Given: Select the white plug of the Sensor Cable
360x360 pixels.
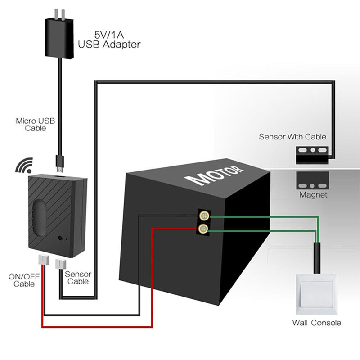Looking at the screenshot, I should click(60, 263).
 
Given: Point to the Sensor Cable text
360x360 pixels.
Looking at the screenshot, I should click(78, 278).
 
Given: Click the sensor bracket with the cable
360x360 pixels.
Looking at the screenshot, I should click(311, 154).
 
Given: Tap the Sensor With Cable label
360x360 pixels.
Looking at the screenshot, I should click(292, 136).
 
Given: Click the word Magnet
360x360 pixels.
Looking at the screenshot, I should click(313, 195).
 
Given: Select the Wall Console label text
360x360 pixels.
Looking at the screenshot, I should click(316, 322).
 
